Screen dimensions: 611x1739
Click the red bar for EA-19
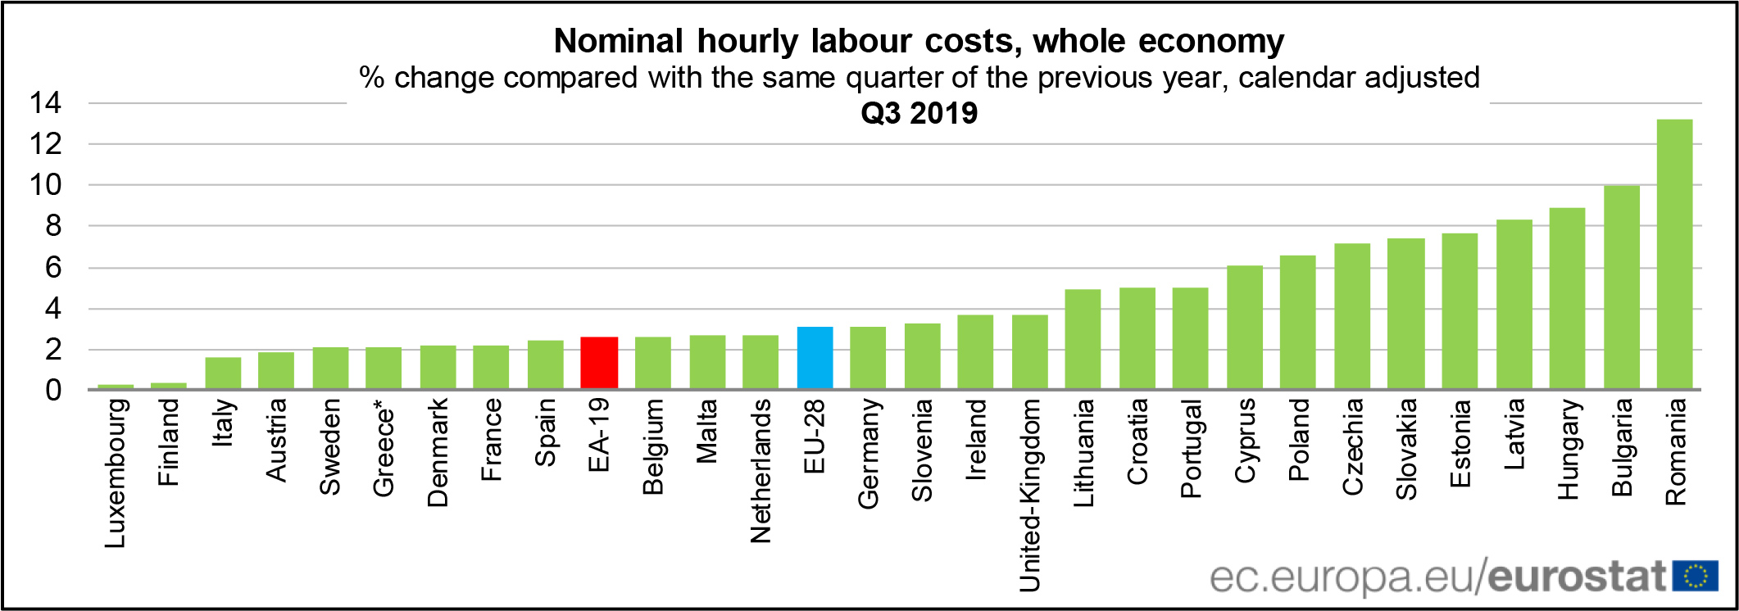(599, 363)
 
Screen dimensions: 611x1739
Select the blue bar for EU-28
(815, 358)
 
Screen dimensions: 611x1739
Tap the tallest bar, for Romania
(1674, 254)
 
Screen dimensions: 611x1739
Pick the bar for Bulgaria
(1621, 287)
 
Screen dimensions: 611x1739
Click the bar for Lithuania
(1083, 339)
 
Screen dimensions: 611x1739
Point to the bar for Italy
(223, 373)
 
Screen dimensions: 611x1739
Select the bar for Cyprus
(1244, 327)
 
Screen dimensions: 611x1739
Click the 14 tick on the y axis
(45, 103)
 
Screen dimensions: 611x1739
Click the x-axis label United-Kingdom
(1029, 495)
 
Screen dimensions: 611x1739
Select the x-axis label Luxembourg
(116, 473)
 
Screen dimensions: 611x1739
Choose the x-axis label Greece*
(384, 448)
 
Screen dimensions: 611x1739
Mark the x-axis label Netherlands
(761, 470)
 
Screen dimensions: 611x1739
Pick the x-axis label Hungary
(1568, 448)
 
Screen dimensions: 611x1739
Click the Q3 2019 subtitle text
(919, 113)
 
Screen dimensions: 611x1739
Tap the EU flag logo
(1695, 576)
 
